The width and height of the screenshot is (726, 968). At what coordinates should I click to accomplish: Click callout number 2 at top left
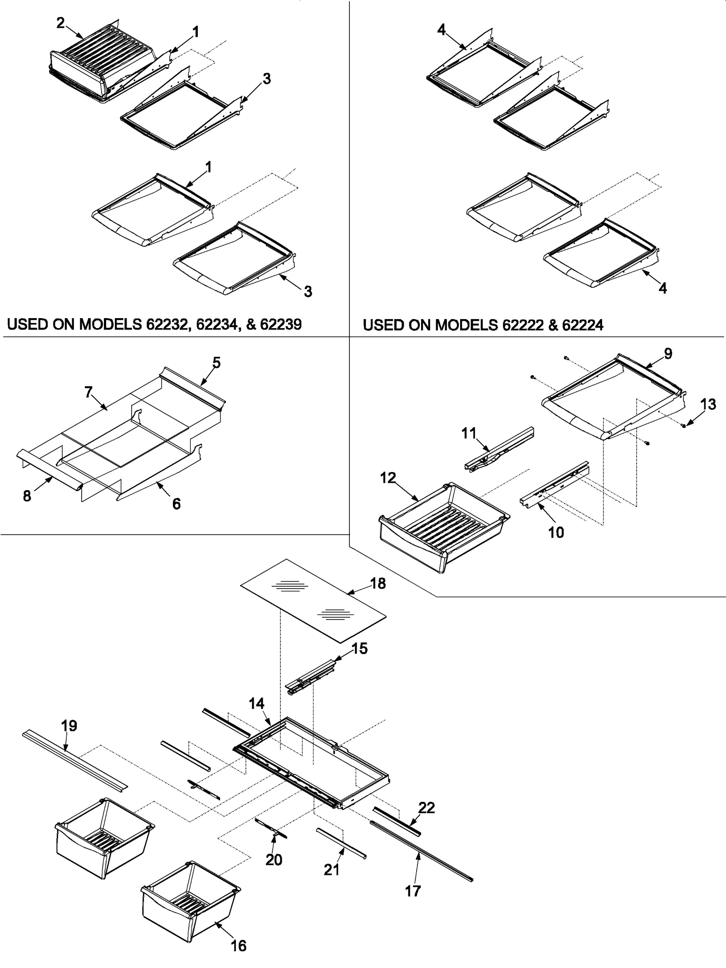click(x=60, y=23)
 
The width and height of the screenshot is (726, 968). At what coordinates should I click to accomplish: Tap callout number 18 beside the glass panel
click(x=378, y=583)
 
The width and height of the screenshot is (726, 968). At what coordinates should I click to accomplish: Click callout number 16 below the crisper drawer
click(x=239, y=946)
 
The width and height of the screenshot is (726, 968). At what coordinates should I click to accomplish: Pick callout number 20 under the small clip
click(x=274, y=860)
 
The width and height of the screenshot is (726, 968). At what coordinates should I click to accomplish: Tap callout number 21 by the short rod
click(x=332, y=870)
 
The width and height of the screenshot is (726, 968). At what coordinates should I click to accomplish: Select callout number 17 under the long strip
click(x=412, y=891)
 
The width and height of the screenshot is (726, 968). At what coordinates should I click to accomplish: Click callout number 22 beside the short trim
click(x=427, y=807)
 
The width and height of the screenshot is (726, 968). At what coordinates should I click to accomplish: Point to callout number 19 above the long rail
click(x=69, y=726)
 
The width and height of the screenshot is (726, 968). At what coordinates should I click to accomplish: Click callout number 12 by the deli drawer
click(x=388, y=477)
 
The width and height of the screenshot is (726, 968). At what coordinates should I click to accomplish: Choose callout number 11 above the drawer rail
click(x=469, y=433)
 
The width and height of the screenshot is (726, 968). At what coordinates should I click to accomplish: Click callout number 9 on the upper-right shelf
click(x=668, y=354)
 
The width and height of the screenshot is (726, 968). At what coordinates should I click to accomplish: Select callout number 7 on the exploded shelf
click(x=88, y=392)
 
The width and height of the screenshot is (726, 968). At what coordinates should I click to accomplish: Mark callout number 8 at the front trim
click(x=27, y=496)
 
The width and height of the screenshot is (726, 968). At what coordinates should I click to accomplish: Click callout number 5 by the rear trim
click(x=216, y=363)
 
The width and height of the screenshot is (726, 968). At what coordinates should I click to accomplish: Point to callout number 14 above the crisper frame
click(x=256, y=704)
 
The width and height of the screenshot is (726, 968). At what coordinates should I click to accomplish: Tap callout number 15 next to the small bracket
click(x=359, y=649)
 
